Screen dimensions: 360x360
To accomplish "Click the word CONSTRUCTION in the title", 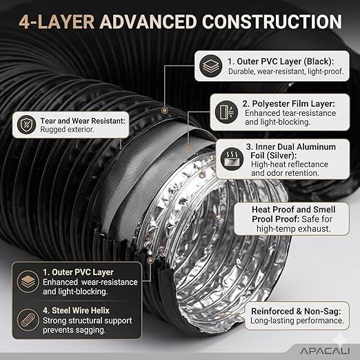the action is coord(272,22).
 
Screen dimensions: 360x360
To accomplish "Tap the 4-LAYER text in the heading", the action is coord(57,22).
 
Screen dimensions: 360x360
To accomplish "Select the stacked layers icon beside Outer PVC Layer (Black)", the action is coord(210,66).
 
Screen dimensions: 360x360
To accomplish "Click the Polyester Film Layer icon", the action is coord(226,112).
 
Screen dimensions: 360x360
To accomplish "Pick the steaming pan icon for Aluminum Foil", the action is coord(232,159).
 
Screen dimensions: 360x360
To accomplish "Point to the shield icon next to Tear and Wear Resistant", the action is coord(26,125).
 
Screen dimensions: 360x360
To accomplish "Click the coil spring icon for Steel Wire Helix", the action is coord(28,320).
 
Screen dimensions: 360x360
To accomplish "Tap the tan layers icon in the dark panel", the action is coord(28,281).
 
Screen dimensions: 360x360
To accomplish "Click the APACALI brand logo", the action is coord(325,351).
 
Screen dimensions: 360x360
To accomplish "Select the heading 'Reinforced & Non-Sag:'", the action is coord(296,311).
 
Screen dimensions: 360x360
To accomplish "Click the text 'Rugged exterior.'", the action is coord(68,130).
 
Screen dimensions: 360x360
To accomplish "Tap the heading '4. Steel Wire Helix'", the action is coord(76,310).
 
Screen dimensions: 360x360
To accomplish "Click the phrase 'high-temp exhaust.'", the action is coord(294,229).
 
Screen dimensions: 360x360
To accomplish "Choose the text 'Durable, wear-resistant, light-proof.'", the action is coord(286,72).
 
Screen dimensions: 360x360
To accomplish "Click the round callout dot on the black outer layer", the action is coord(164,110).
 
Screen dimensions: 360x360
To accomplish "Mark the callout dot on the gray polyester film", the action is coord(188,146).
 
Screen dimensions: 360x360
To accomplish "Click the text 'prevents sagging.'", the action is coord(74,330).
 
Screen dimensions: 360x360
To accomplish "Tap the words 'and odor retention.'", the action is coord(286,173).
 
